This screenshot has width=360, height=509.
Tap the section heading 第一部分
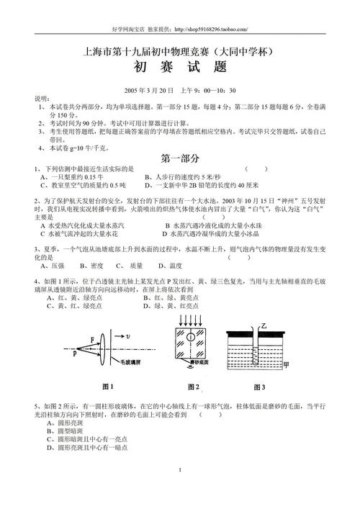point(179,158)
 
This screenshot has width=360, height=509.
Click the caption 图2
point(190,382)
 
